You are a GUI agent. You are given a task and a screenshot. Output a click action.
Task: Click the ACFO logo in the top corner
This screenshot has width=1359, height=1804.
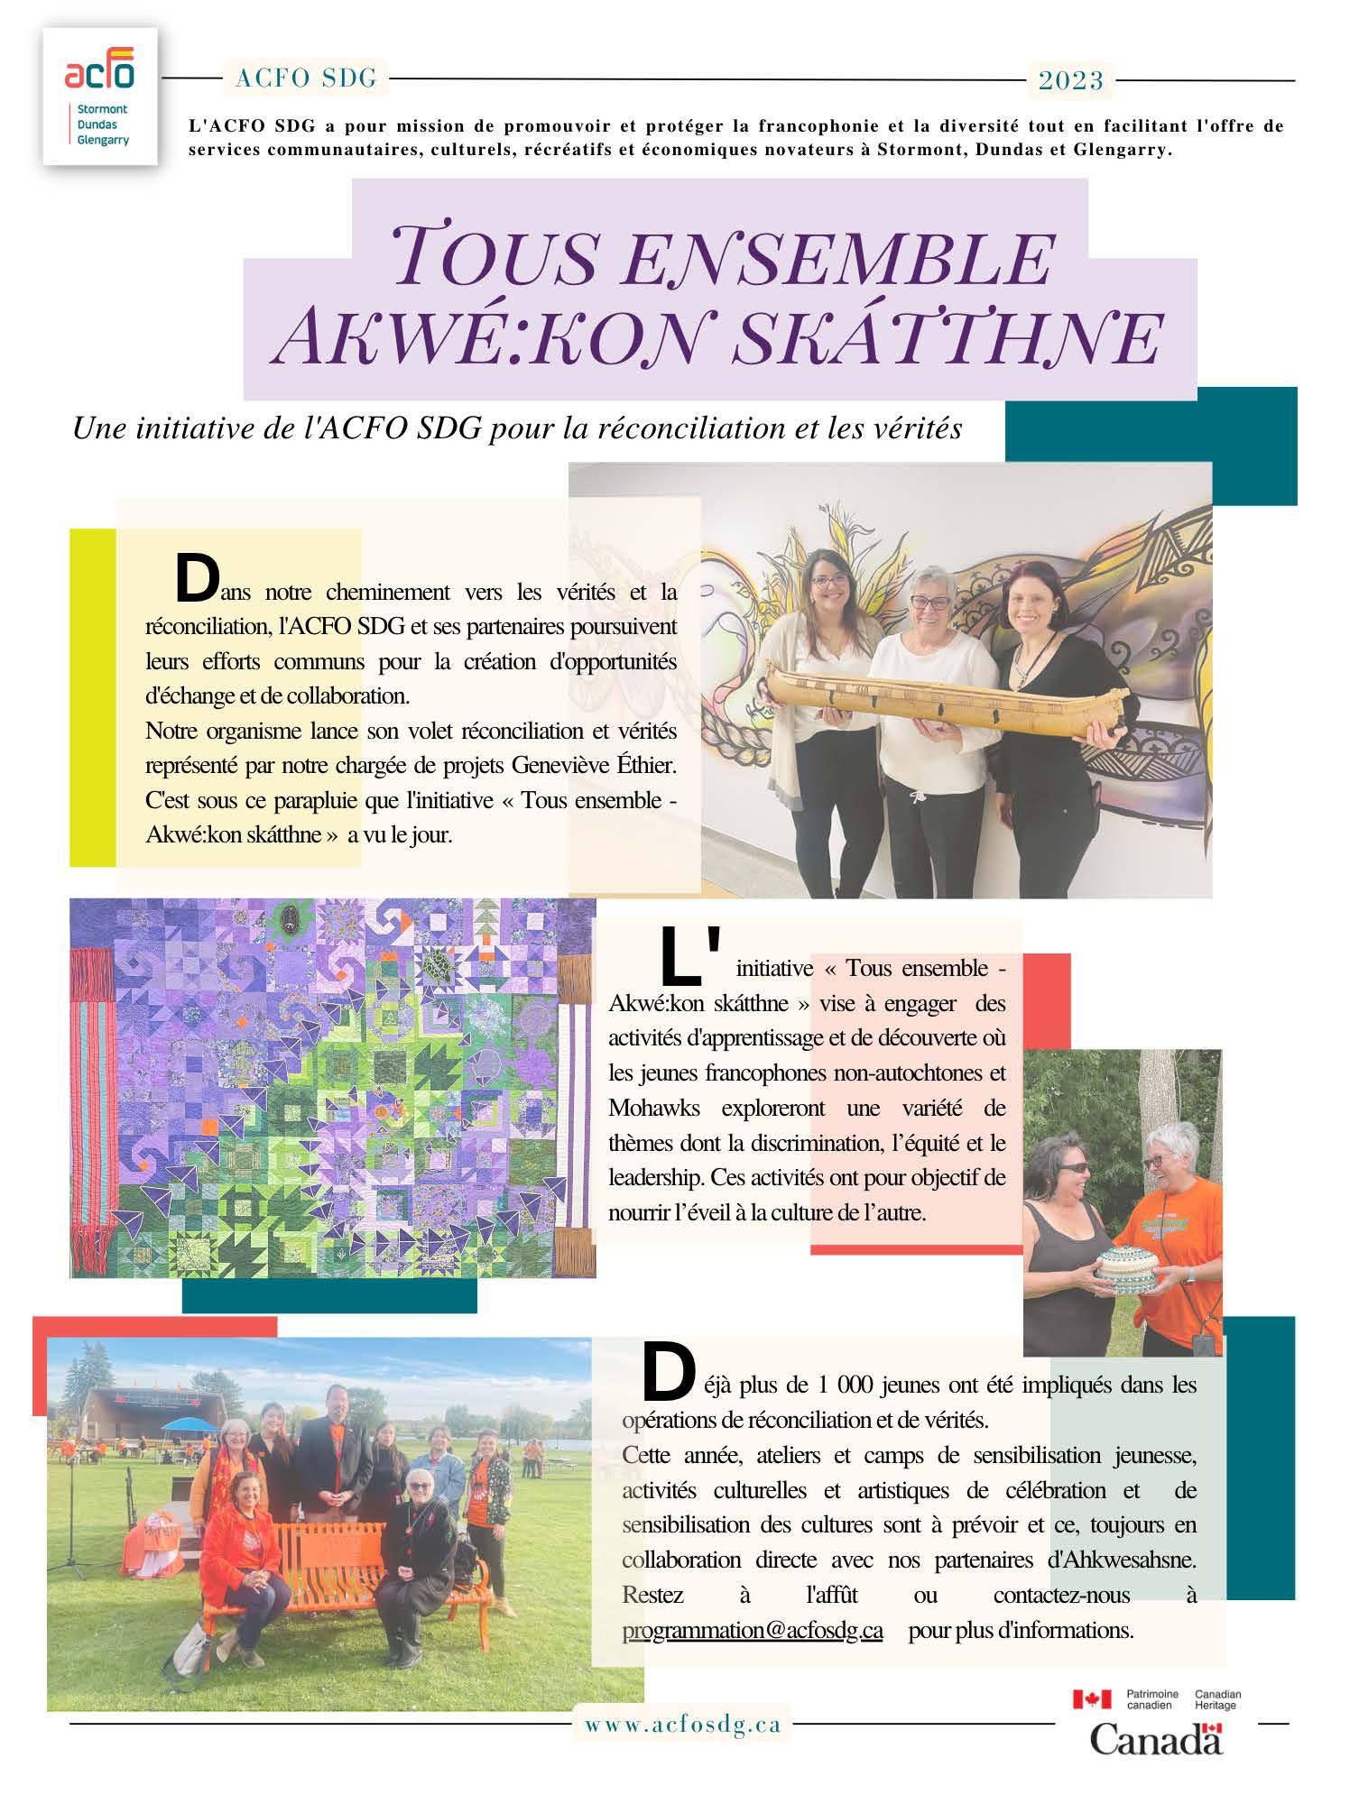click(99, 95)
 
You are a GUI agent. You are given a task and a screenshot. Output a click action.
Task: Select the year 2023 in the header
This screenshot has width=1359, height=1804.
click(1071, 81)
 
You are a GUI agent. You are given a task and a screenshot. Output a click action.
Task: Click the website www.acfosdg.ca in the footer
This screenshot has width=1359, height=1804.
click(682, 1725)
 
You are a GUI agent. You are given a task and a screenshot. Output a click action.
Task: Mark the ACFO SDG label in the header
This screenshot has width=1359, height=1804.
click(306, 79)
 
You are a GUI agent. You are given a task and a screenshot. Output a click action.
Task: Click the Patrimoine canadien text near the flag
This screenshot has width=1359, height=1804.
click(1152, 1700)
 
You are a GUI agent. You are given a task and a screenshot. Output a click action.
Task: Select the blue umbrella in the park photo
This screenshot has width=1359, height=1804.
click(193, 1424)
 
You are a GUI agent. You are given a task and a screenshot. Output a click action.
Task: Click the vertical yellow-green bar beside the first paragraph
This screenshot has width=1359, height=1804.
click(93, 697)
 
